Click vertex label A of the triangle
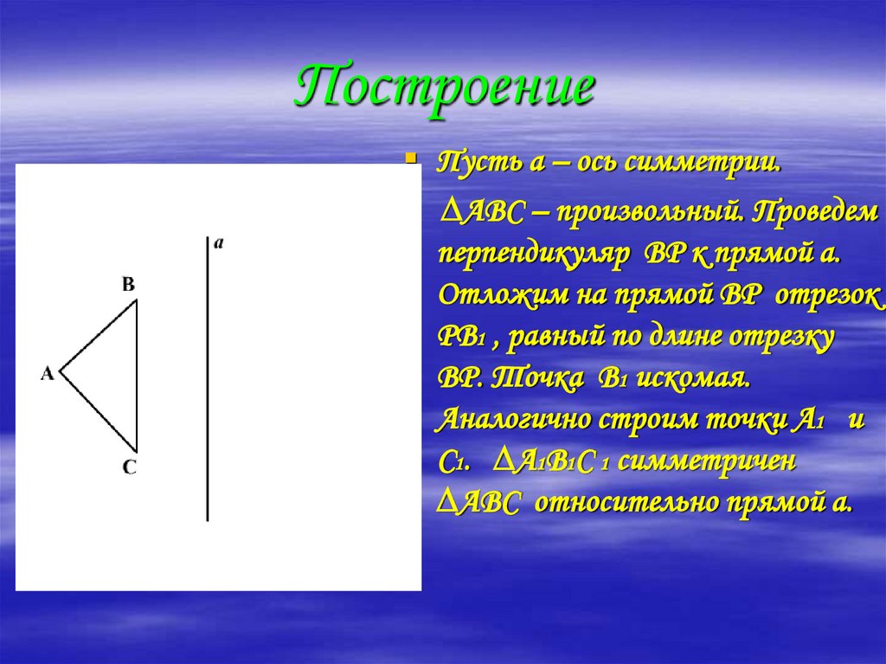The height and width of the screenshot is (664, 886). tap(48, 374)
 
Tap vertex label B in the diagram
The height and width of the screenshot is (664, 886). tap(128, 284)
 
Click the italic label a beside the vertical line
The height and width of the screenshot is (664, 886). tap(219, 244)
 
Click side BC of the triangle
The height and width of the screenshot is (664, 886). tap(137, 372)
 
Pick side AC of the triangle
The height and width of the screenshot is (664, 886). tap(98, 407)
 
